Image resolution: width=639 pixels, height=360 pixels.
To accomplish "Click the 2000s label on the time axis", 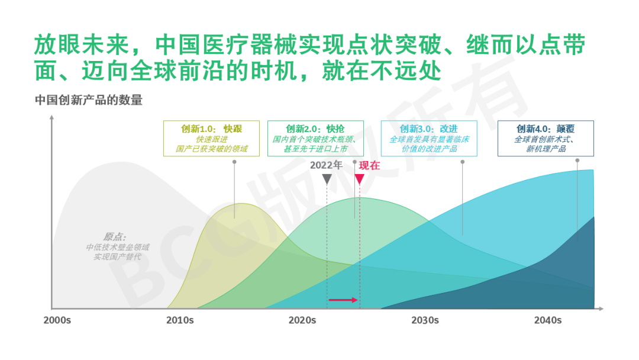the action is pos(57,320).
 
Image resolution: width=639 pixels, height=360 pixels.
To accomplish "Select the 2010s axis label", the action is pos(180,320).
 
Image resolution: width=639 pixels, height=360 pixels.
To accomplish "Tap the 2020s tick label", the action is pos(302,320).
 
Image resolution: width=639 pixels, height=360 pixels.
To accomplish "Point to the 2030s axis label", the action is pos(425,320).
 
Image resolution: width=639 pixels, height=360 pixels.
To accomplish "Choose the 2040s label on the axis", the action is pos(548,320).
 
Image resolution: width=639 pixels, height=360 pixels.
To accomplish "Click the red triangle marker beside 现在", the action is pos(360,179).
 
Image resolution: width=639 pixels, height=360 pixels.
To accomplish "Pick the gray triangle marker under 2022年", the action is pos(327,179).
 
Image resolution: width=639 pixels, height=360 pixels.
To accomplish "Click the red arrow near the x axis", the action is pos(343,300).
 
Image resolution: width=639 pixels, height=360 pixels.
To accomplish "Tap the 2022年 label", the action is pos(326,165).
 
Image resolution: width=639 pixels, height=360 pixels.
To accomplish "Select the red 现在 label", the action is pos(369,166).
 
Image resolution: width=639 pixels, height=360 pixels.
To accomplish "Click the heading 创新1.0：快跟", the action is pos(211,129).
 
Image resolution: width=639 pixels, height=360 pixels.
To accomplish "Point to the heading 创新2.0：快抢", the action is pos(315,129).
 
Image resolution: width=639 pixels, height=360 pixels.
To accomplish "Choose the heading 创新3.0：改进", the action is pos(429,129).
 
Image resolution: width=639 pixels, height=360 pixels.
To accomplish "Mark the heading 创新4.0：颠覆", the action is pos(546,129).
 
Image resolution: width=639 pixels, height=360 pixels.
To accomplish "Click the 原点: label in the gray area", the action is pos(115,237).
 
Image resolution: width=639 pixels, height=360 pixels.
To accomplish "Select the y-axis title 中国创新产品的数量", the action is pos(89,100).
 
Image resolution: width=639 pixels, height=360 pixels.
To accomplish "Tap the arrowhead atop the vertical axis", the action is pos(51,118).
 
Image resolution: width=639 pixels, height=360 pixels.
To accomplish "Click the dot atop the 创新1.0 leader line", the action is pos(234,162).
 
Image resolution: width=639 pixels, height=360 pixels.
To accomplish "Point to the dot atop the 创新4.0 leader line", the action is pos(577,160).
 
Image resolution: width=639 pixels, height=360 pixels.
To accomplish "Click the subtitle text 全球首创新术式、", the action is pos(545,139).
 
